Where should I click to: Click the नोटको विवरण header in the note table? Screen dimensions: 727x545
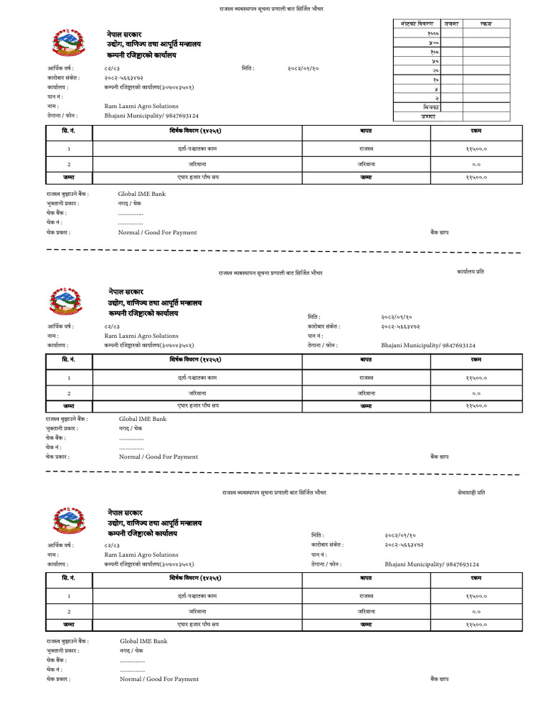(412, 24)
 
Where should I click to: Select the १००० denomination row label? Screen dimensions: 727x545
(432, 33)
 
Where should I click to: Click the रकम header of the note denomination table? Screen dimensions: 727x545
(485, 24)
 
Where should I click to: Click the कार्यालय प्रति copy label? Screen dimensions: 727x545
(470, 272)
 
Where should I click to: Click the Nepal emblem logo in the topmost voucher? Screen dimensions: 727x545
(68, 44)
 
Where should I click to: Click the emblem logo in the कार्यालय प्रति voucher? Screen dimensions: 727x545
(66, 302)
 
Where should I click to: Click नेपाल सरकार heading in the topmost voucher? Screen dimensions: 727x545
(126, 33)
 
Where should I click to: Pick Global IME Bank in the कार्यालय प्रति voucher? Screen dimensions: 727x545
(142, 419)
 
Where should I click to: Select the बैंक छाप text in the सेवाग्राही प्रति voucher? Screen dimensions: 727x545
(439, 679)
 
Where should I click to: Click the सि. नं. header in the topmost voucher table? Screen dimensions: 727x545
(68, 131)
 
